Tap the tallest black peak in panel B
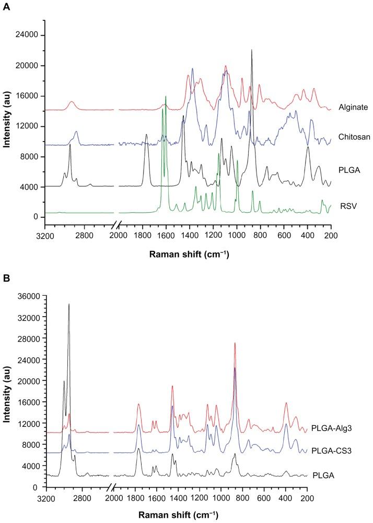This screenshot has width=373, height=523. (x=69, y=304)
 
